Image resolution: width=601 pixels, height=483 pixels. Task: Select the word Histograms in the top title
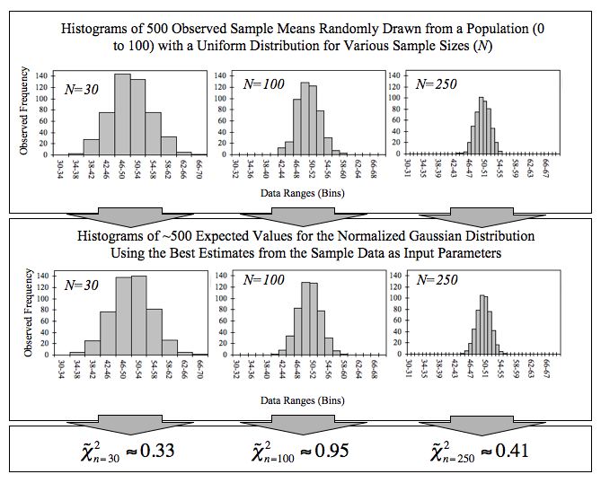pos(101,29)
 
